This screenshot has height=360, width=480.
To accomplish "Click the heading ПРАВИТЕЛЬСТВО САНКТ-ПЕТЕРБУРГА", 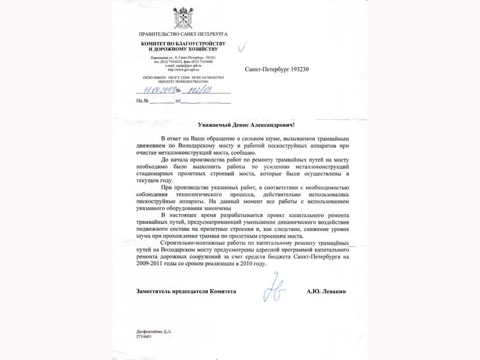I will pyautogui.click(x=183, y=34).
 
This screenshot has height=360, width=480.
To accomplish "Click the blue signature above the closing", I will pyautogui.click(x=277, y=287).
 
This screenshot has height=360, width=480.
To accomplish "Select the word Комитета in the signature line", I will pyautogui.click(x=221, y=291).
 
